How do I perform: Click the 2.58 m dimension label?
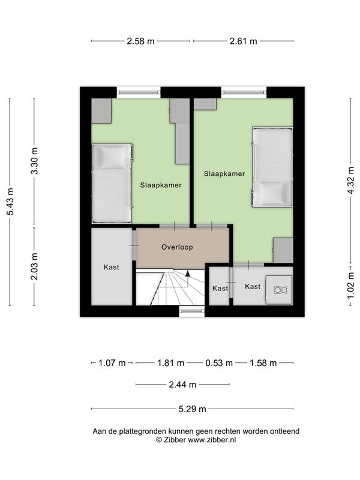click(x=140, y=41)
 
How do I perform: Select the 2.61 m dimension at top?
click(x=244, y=41)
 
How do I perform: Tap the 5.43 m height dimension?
click(x=10, y=202)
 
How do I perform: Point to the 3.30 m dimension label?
click(x=35, y=161)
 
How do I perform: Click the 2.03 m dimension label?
click(x=35, y=266)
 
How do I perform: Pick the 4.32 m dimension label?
click(x=351, y=180)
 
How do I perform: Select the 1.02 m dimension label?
click(x=351, y=286)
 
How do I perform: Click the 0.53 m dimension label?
click(x=219, y=363)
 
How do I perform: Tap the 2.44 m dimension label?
click(x=182, y=385)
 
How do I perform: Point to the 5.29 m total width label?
click(x=192, y=409)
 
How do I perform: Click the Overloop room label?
click(x=177, y=247)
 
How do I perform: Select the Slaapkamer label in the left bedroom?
click(x=161, y=185)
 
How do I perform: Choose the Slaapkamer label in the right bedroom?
click(x=224, y=174)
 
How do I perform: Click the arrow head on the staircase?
click(x=188, y=274)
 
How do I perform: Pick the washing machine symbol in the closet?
click(x=280, y=290)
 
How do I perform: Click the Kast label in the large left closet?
click(x=112, y=267)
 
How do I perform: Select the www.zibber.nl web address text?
click(x=212, y=440)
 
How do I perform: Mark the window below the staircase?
click(x=192, y=311)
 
